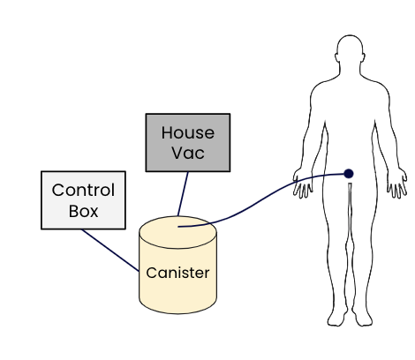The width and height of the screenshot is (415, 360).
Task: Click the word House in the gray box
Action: (188, 132)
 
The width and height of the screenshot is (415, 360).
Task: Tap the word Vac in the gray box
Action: (188, 153)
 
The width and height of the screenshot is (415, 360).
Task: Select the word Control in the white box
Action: (83, 190)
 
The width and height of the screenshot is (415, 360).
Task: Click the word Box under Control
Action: (83, 211)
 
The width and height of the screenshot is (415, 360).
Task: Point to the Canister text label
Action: (177, 273)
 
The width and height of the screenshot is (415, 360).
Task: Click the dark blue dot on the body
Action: (349, 174)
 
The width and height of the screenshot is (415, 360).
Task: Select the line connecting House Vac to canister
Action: (183, 194)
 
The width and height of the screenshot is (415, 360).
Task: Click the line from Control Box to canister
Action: (110, 251)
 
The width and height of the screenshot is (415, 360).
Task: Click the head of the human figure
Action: (350, 50)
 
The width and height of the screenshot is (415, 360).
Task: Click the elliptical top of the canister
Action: (177, 232)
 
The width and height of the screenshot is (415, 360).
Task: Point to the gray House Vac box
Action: (188, 142)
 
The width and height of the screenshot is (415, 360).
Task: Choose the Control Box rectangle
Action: (83, 200)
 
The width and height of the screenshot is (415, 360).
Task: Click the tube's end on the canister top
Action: (178, 227)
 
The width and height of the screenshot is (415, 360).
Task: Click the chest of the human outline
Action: (350, 100)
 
